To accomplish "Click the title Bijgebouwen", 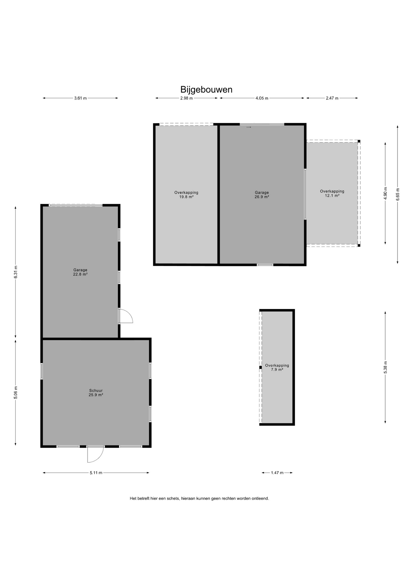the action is point(206,89).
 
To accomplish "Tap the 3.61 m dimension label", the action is point(80,98).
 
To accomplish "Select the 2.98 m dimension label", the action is point(186,98).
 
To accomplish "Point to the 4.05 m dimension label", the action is point(262,98).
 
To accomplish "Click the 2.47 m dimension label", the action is point(332,98).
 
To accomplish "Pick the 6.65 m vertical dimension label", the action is point(397,194).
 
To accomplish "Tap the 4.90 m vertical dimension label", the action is point(385,193).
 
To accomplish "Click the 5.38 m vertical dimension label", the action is point(385,367).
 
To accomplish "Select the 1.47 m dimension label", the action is point(277,473).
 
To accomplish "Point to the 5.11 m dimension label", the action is point(96,473).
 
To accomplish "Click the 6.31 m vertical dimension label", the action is point(16,272).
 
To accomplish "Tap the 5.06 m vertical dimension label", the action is point(16,392).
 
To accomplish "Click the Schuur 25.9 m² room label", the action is point(96,393).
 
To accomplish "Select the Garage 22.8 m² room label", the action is point(80,272).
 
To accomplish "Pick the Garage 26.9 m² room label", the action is point(262,195).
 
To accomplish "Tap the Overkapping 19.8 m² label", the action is point(186,195).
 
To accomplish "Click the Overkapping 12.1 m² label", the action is point(332,193).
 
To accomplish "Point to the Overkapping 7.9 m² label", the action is point(277,367).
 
